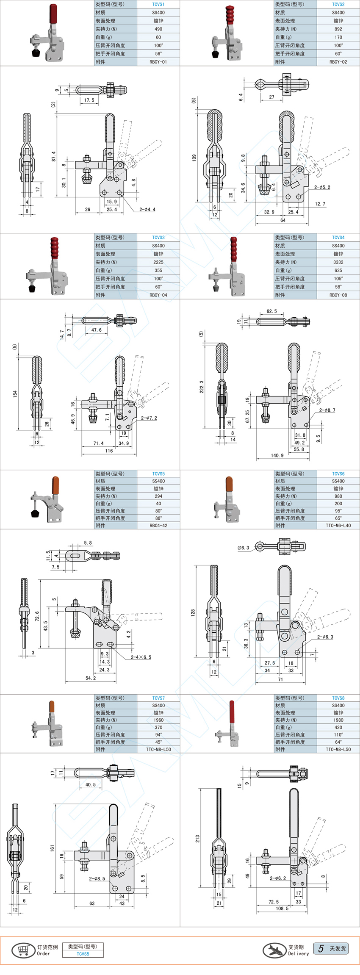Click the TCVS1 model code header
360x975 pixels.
[x=158, y=4]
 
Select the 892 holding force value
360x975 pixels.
[x=338, y=29]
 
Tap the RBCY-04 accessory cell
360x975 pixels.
[x=158, y=295]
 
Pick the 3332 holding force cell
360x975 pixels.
[x=338, y=262]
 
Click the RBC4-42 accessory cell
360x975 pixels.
[x=158, y=525]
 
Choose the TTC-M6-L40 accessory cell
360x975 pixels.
[x=338, y=525]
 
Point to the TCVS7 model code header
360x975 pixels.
[x=158, y=698]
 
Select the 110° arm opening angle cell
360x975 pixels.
[x=338, y=734]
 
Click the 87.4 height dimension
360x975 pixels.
[x=53, y=156]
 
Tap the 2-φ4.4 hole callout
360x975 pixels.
[x=147, y=209]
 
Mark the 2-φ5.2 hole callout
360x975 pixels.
[x=322, y=187]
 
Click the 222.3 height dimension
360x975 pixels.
[x=201, y=386]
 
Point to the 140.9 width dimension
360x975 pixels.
[x=277, y=455]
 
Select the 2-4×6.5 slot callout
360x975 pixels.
[x=141, y=657]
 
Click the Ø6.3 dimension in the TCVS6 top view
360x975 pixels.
[x=244, y=548]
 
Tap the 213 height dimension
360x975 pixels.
[x=197, y=838]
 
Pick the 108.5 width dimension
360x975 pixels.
[x=282, y=908]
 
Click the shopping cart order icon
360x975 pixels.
[x=23, y=950]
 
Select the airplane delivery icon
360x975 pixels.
[x=274, y=950]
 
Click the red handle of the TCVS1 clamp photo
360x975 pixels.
[x=53, y=14]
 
